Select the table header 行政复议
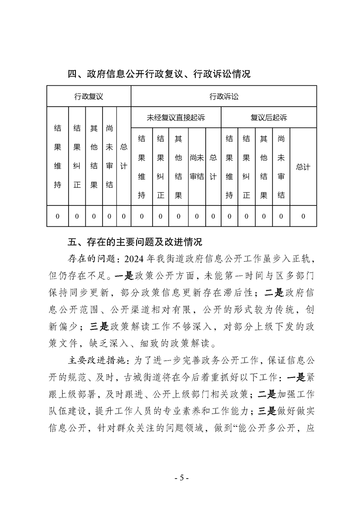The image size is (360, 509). (x=89, y=96)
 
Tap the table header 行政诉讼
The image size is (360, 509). (x=224, y=96)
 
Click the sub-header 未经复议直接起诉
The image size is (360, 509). (x=176, y=117)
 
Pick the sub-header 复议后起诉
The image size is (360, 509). (x=269, y=117)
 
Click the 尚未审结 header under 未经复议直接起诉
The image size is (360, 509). (x=197, y=167)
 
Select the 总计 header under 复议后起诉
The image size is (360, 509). (x=303, y=167)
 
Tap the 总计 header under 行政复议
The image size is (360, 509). (x=123, y=156)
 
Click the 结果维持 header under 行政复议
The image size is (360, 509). (x=58, y=156)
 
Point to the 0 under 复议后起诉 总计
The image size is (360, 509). (x=303, y=216)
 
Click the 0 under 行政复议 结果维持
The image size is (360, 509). (x=58, y=216)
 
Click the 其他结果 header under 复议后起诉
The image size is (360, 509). (x=263, y=167)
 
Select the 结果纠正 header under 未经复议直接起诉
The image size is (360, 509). (x=161, y=167)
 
